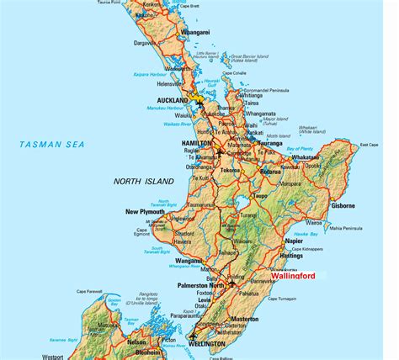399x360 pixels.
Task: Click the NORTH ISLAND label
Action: pyautogui.click(x=143, y=181)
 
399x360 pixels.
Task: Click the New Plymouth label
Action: pyautogui.click(x=143, y=211)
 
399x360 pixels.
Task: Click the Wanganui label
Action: pyautogui.click(x=187, y=260)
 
